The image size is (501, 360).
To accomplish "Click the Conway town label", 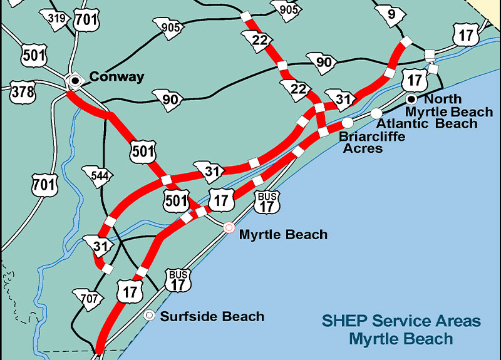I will [116, 77].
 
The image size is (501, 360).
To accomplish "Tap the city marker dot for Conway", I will [75, 80].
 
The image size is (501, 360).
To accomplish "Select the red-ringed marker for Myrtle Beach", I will [229, 227].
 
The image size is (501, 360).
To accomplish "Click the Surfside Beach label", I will [212, 316].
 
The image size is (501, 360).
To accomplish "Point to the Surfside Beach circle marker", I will [150, 316].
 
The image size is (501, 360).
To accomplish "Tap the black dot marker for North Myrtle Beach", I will [411, 99].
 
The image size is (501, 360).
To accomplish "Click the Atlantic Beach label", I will [426, 123].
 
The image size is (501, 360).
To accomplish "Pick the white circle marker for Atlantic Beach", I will [376, 113].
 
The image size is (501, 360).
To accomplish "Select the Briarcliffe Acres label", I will [371, 142].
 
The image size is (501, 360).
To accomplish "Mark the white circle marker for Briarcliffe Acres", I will [347, 123].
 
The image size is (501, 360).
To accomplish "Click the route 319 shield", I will [58, 19].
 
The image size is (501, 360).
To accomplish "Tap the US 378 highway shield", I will [23, 93].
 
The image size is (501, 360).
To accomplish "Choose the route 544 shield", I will [96, 176].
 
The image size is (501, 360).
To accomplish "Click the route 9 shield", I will [391, 12].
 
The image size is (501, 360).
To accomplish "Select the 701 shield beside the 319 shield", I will [86, 19].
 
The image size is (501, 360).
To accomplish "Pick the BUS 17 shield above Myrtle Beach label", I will [268, 202].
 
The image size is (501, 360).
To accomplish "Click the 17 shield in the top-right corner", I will [466, 35].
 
